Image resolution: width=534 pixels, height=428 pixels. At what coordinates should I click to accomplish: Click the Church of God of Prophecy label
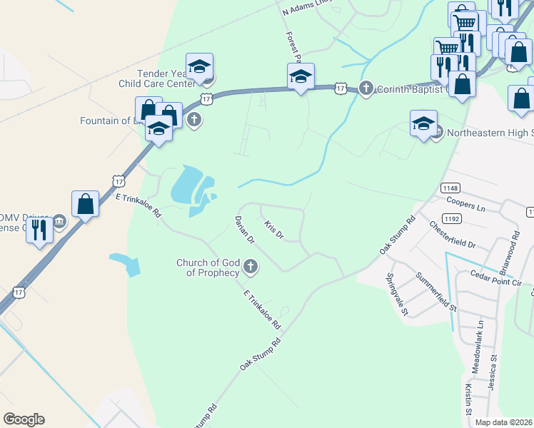tap(208, 267)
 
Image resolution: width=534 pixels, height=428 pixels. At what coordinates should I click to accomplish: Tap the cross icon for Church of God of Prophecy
tap(250, 267)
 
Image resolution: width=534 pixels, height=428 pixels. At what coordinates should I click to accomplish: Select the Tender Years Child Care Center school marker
tap(200, 66)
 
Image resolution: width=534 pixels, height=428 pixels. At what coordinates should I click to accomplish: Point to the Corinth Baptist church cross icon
tap(366, 88)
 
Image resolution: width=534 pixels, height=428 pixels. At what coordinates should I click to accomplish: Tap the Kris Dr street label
tap(274, 230)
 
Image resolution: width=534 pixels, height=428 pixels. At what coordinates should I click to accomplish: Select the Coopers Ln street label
tap(464, 206)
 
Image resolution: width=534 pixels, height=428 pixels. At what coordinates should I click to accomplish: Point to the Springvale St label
tap(397, 295)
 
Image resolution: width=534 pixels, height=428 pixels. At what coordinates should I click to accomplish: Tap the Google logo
tap(24, 419)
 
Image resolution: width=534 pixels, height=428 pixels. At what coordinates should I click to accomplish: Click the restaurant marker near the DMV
tap(40, 230)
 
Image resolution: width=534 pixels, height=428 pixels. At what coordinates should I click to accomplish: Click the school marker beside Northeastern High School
tap(423, 123)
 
